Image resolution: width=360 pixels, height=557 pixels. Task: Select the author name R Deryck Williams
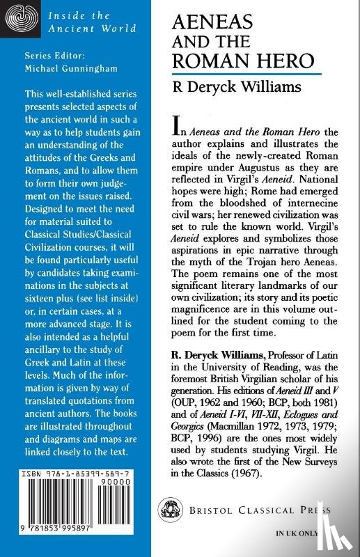(246, 88)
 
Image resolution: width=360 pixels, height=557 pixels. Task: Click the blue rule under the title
(256, 74)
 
